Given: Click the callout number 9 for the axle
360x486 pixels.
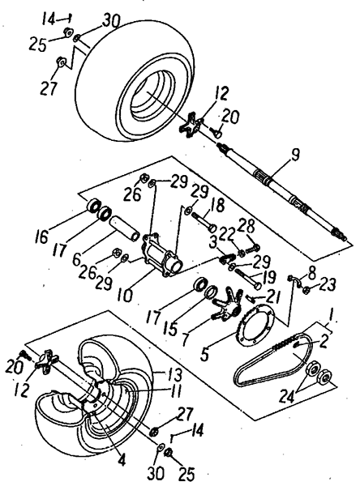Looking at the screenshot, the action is [295, 155].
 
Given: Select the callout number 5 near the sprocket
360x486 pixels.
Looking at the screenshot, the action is [204, 354].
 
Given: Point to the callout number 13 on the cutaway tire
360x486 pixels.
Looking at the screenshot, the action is [174, 374].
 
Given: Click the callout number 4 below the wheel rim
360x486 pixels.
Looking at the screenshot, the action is [122, 460].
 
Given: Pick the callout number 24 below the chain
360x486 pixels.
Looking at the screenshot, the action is [289, 396].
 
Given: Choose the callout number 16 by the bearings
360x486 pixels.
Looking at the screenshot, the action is [42, 237].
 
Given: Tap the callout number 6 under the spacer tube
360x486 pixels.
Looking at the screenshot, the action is [76, 259].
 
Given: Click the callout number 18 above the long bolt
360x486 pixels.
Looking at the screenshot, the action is [217, 206].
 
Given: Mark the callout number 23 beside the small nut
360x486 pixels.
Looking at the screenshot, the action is [329, 284].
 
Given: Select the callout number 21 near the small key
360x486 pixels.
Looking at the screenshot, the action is [272, 298].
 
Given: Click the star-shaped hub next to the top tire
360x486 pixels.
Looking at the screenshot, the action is [191, 126].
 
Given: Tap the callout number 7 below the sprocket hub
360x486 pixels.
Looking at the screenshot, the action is [186, 339].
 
